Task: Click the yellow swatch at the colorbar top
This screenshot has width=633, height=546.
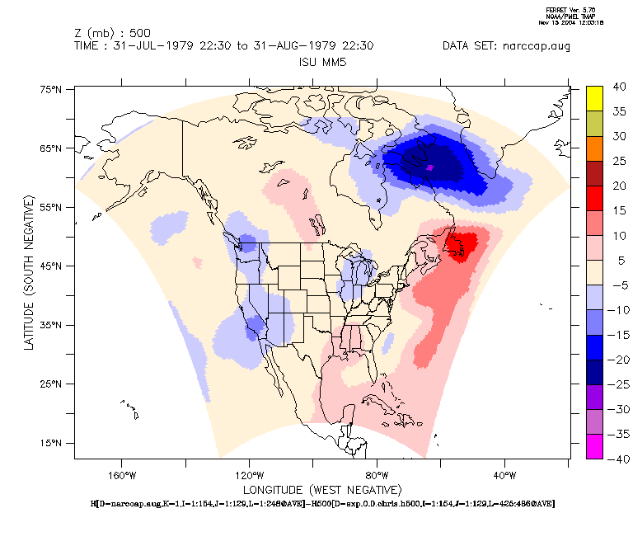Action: pos(595,97)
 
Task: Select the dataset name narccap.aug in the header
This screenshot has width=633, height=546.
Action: pos(540,46)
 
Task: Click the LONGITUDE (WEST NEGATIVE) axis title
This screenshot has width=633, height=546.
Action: pos(321,489)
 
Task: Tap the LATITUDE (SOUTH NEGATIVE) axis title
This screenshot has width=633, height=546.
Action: pos(30,272)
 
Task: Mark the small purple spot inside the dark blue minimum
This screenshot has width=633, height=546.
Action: pos(430,167)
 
